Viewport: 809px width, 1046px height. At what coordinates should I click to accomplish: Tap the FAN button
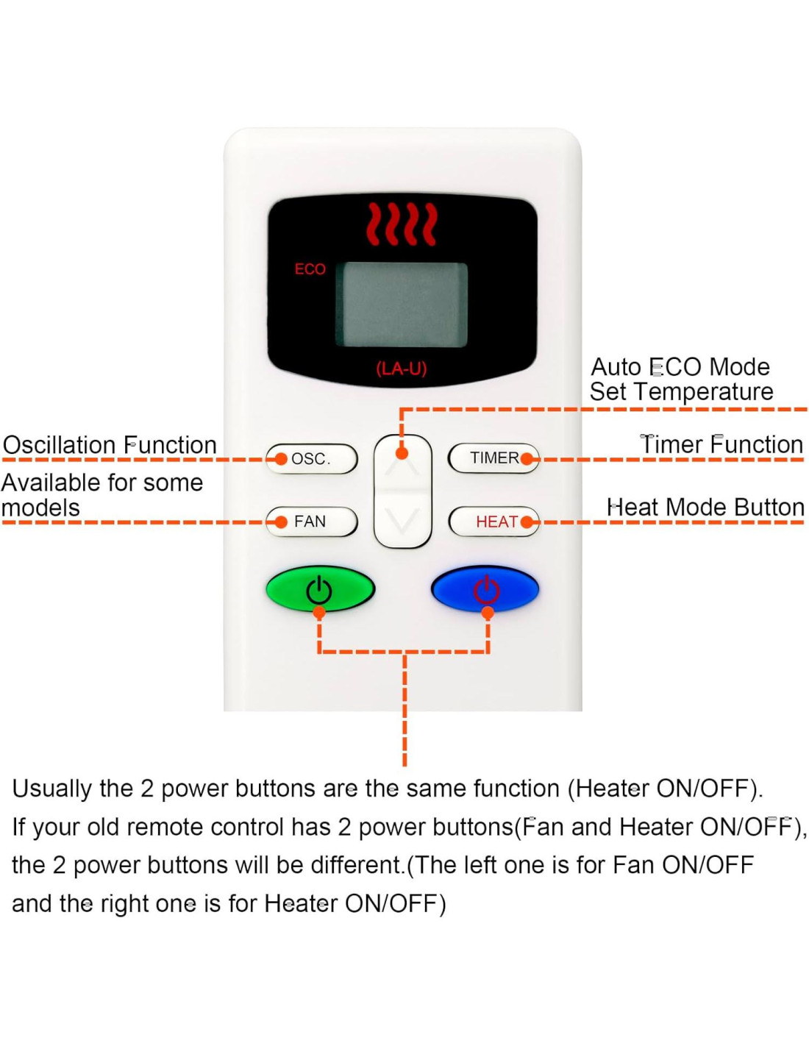[x=312, y=522]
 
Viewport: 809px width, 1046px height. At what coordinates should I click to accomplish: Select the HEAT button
[x=493, y=522]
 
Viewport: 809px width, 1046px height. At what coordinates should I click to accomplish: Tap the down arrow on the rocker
[x=402, y=521]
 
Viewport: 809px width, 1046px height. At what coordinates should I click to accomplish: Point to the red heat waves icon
[x=402, y=224]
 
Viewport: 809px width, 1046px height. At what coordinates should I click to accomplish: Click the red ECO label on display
[x=310, y=269]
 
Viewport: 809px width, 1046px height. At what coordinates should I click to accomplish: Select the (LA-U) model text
[x=402, y=368]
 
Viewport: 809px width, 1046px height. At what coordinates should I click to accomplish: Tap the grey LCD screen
[x=402, y=305]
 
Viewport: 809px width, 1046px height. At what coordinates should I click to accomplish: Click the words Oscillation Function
[x=110, y=445]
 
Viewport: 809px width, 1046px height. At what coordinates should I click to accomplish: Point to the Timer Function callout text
[x=721, y=444]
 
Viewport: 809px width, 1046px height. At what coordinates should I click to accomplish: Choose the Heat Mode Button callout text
[x=705, y=508]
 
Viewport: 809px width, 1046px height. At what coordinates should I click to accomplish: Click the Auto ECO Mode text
[x=680, y=366]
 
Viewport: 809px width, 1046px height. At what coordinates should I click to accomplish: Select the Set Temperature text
[x=681, y=391]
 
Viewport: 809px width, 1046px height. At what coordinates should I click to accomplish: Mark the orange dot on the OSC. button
[x=281, y=459]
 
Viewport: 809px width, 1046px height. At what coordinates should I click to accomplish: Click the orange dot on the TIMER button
[x=527, y=459]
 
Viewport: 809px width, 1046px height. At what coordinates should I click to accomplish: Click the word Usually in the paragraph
[x=52, y=789]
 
